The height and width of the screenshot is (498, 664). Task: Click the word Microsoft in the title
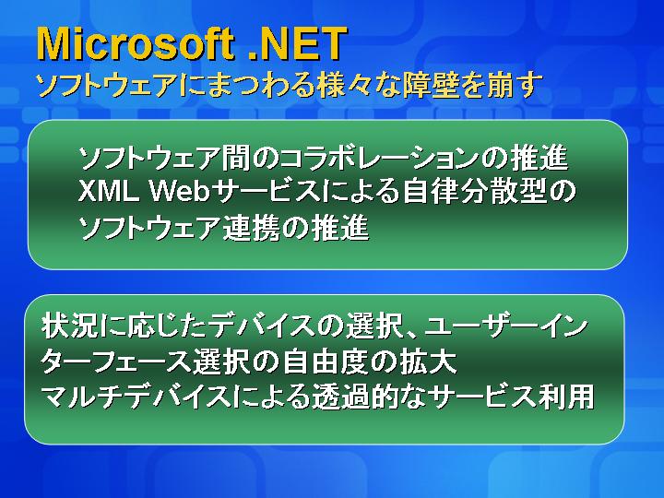pos(136,43)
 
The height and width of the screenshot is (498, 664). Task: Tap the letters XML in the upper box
pos(109,192)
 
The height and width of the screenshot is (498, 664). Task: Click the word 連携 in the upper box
pos(252,228)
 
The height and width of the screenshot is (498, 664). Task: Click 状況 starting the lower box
pos(70,326)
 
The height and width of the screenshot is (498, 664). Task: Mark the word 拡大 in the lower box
pos(429,362)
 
